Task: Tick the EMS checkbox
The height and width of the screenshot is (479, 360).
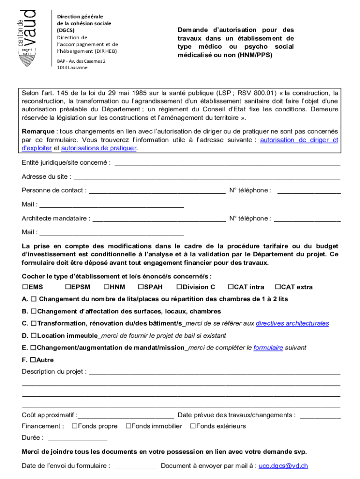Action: [x=25, y=287]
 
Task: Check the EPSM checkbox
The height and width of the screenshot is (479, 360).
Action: [x=68, y=287]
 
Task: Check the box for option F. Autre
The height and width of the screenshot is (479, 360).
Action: [x=33, y=360]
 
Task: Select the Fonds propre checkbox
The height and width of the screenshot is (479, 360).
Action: [x=75, y=426]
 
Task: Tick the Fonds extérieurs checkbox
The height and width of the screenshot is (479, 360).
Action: [x=193, y=426]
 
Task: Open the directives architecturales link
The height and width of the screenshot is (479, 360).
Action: [x=292, y=324]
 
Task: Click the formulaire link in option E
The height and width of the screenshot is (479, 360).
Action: [x=268, y=348]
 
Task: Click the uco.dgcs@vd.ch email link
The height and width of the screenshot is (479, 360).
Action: [x=283, y=466]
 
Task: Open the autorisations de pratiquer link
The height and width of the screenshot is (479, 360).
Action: [x=99, y=148]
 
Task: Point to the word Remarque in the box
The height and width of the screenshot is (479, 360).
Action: [x=38, y=131]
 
